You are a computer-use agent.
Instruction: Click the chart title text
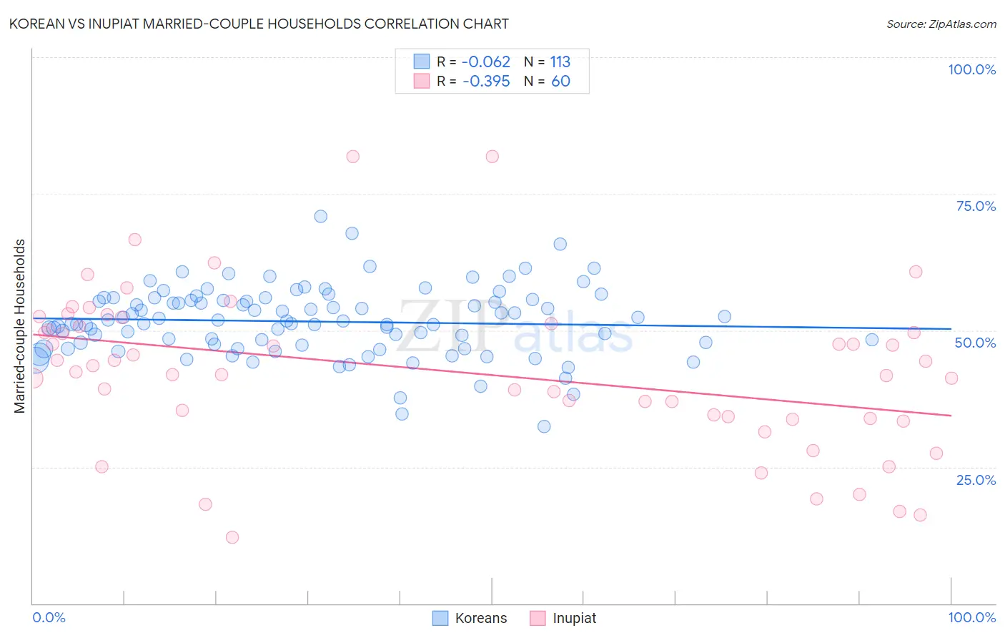[x=259, y=24]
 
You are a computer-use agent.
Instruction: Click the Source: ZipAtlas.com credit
[x=941, y=24]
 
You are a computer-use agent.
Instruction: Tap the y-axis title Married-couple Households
[x=20, y=326]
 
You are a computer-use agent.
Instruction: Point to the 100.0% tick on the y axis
[x=971, y=69]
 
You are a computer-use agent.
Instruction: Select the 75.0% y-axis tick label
[x=976, y=206]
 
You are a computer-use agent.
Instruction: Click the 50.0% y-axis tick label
[x=975, y=343]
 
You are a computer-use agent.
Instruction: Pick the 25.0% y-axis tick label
[x=976, y=479]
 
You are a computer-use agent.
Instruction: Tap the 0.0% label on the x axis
[x=49, y=617]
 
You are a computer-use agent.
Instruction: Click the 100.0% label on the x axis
[x=971, y=617]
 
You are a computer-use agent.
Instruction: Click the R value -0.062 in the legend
[x=486, y=62]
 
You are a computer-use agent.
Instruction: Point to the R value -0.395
[x=486, y=82]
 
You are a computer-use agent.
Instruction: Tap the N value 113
[x=560, y=62]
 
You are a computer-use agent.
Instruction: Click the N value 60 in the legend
[x=560, y=82]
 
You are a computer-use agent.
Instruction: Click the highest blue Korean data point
[x=321, y=216]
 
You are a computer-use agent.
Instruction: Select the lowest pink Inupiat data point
[x=232, y=537]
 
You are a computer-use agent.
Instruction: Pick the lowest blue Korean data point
[x=544, y=426]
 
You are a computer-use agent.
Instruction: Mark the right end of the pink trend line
[x=951, y=416]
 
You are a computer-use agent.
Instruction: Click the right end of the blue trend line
[x=951, y=328]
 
